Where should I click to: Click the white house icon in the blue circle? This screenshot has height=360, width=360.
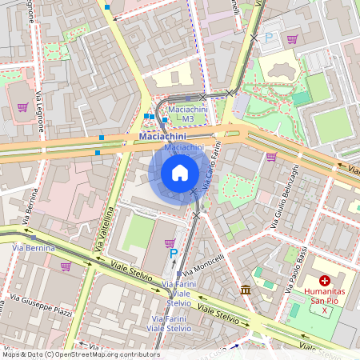pyautogui.click(x=180, y=173)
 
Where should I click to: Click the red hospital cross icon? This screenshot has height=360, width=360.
pyautogui.click(x=325, y=281)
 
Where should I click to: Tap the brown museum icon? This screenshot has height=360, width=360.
pyautogui.click(x=246, y=289)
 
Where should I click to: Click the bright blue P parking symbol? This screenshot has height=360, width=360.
pyautogui.click(x=174, y=254)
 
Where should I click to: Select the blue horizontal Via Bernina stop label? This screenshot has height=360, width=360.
pyautogui.click(x=34, y=249)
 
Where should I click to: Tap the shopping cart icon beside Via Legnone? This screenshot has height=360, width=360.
pyautogui.click(x=22, y=106)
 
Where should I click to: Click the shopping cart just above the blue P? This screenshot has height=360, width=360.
pyautogui.click(x=169, y=242)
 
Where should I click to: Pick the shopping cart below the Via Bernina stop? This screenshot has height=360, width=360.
pyautogui.click(x=66, y=266)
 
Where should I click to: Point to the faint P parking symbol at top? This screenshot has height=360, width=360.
pyautogui.click(x=269, y=37)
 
